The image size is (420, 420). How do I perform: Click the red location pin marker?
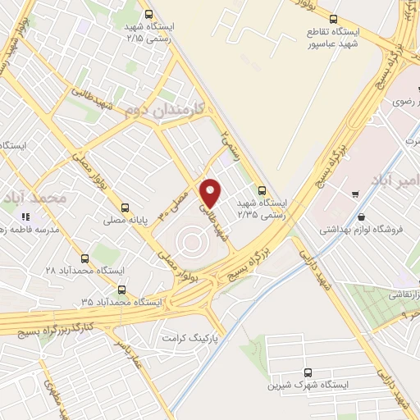click(212, 193)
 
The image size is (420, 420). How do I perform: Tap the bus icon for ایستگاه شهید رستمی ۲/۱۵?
click(148, 14)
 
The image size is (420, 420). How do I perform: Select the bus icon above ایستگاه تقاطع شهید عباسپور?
click(332, 20)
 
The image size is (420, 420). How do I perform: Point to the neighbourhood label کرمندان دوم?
click(167, 110)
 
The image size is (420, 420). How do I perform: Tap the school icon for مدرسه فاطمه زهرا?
click(25, 217)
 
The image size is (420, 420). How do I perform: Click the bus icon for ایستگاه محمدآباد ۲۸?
click(94, 253)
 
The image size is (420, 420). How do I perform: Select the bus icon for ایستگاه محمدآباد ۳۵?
click(122, 290)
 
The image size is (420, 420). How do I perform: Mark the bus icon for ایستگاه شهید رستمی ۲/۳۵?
click(262, 188)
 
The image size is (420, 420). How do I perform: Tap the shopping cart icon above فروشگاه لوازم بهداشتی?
click(354, 194)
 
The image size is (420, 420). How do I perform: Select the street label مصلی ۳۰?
click(178, 202)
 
